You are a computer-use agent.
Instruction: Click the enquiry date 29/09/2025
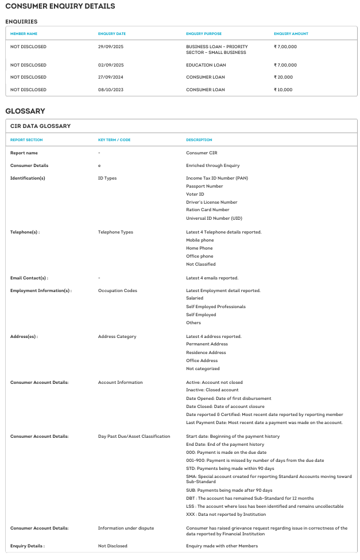(x=111, y=46)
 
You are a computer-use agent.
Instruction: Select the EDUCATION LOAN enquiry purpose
(x=206, y=65)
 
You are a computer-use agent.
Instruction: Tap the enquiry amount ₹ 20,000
(x=284, y=77)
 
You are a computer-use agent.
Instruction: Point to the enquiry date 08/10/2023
(x=111, y=90)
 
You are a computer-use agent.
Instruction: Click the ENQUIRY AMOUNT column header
(x=291, y=34)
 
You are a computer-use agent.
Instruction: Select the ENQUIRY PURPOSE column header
(x=204, y=34)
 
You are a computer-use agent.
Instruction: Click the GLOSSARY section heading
(x=25, y=111)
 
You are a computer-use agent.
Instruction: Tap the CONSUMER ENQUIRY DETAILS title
(x=60, y=6)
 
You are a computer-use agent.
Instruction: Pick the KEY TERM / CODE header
(x=114, y=140)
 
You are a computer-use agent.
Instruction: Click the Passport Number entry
(x=204, y=186)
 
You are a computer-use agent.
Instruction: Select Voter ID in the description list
(x=195, y=194)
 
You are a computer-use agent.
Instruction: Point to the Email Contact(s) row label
(x=29, y=278)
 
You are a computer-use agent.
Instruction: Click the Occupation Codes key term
(x=117, y=290)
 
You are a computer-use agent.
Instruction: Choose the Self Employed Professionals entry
(x=216, y=306)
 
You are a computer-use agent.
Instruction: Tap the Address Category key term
(x=117, y=336)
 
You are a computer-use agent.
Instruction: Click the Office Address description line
(x=202, y=360)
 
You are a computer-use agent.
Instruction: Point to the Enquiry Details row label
(x=28, y=546)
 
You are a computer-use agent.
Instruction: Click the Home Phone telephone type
(x=199, y=248)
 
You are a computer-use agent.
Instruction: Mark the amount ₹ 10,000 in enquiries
(x=284, y=90)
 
